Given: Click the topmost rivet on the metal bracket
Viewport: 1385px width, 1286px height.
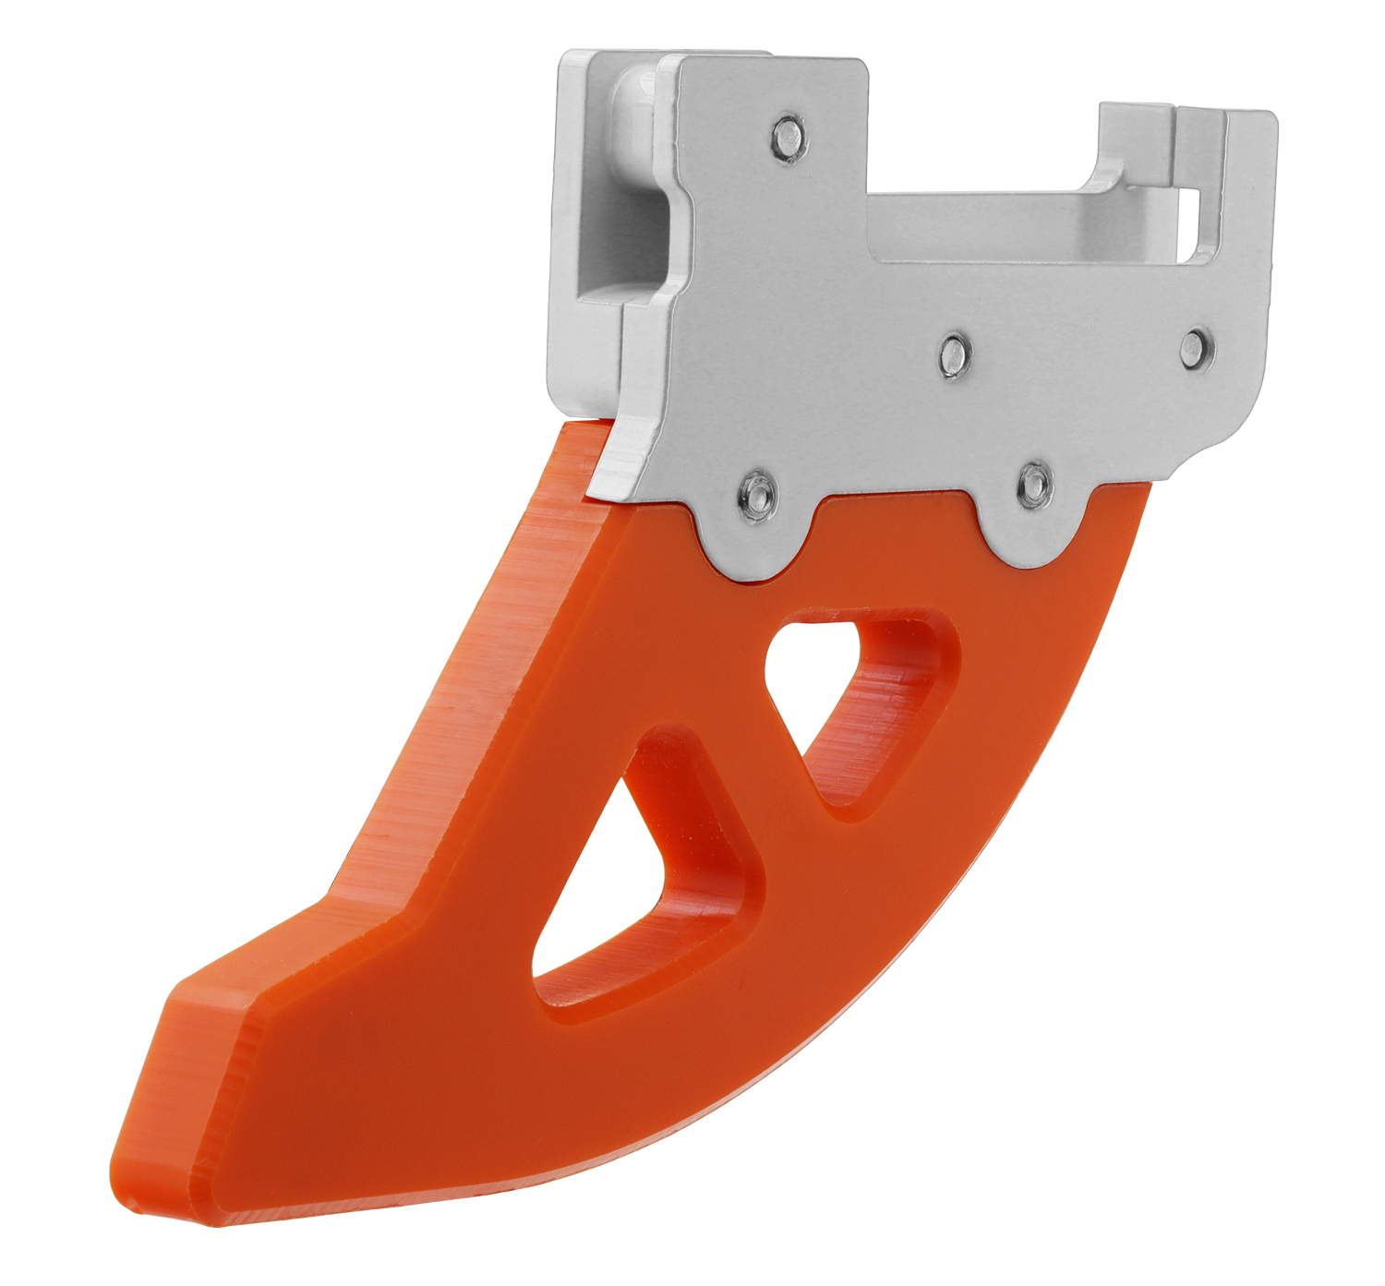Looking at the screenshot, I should pyautogui.click(x=787, y=138).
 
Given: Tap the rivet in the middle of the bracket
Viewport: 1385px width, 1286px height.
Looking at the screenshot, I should pyautogui.click(x=954, y=353).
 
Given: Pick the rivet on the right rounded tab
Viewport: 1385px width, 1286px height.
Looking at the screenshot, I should pyautogui.click(x=1033, y=483).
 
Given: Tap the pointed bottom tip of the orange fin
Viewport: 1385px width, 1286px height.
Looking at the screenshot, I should pyautogui.click(x=125, y=1191).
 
